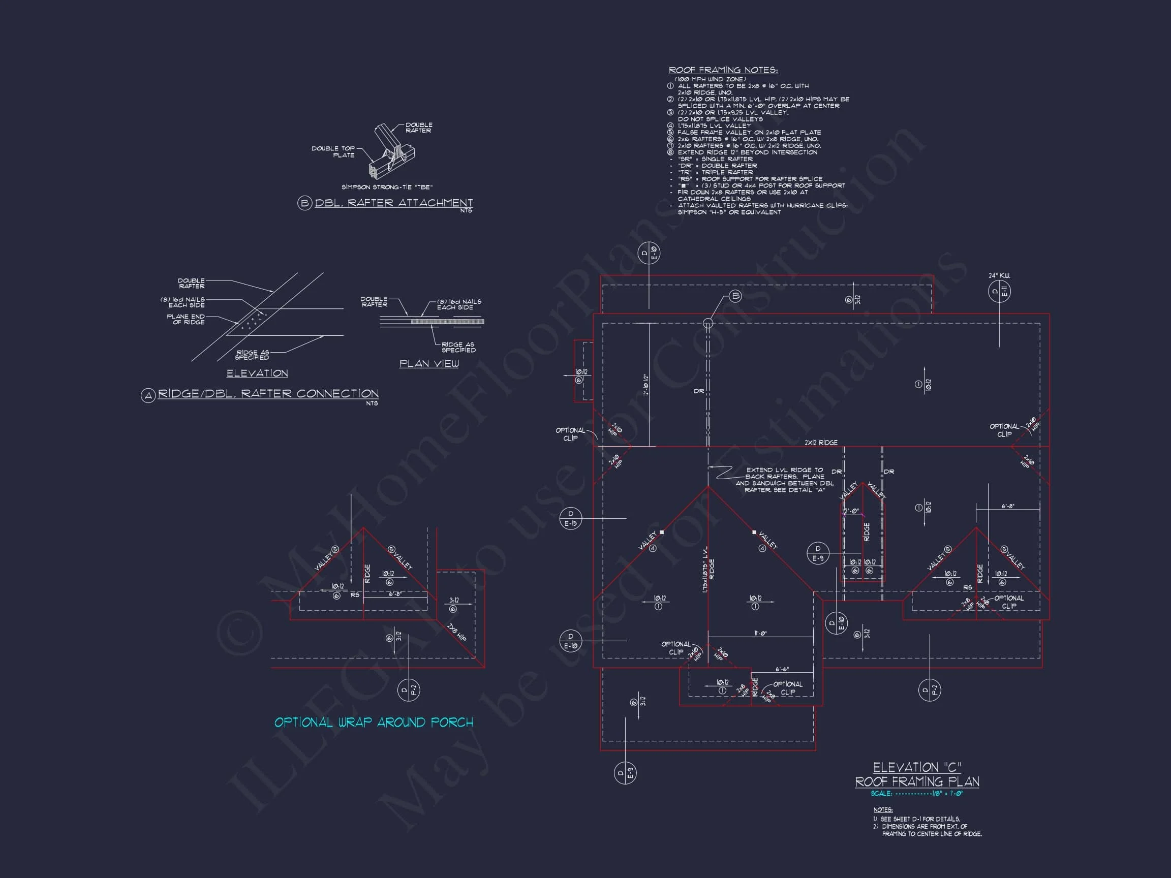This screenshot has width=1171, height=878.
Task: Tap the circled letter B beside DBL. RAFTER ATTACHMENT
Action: [304, 203]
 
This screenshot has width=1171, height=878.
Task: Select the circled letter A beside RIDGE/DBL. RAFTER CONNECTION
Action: [148, 395]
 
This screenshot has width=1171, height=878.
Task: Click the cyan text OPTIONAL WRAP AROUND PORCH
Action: [373, 723]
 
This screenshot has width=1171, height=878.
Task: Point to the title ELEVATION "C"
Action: [917, 767]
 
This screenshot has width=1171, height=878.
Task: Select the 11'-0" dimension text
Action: [760, 633]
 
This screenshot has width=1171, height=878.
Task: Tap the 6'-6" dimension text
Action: [782, 670]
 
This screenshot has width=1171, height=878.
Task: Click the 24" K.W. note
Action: [999, 276]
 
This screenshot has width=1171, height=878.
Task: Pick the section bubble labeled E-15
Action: [571, 518]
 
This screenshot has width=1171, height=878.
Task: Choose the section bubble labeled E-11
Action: [1000, 292]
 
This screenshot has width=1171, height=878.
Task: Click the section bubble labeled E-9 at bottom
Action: [625, 773]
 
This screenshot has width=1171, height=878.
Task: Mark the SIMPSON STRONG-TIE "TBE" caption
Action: [387, 187]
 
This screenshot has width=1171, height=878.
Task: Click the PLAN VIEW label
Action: [429, 364]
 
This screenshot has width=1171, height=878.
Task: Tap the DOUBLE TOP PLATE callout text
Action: [333, 152]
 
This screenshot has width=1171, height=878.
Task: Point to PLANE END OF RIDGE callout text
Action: [186, 319]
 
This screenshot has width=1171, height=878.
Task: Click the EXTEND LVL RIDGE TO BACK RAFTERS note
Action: [785, 480]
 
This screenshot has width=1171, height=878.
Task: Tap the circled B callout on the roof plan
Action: [735, 296]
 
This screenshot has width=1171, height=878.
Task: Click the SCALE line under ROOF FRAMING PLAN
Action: [917, 794]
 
